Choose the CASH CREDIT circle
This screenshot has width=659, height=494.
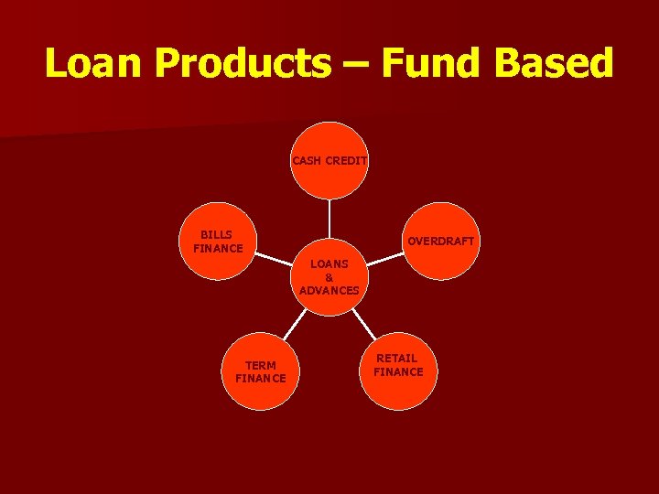(329, 160)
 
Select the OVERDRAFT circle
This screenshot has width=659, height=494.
(441, 240)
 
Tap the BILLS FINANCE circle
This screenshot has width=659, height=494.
(218, 242)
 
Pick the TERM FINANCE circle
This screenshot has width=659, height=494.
(260, 371)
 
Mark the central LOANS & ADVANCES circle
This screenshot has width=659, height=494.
(329, 276)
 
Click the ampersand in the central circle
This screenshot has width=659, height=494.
(329, 277)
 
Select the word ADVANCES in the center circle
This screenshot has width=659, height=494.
(329, 290)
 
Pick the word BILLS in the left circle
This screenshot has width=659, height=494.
(218, 235)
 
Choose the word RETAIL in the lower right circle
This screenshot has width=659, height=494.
(398, 359)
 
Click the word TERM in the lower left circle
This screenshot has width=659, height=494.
(260, 365)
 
